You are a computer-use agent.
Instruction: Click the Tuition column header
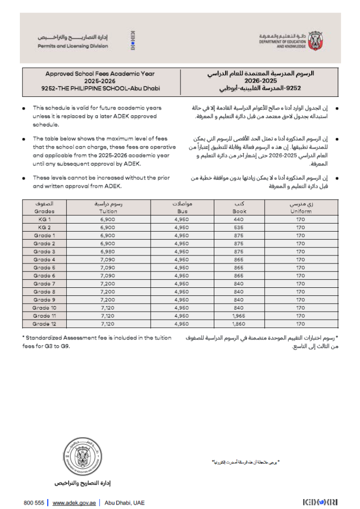click(x=108, y=211)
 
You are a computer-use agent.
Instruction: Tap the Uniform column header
click(x=300, y=211)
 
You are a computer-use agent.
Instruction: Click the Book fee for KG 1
click(x=239, y=219)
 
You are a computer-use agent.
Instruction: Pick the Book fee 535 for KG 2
click(x=239, y=227)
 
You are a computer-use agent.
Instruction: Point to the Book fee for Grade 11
click(x=239, y=316)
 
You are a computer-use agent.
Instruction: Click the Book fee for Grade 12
click(x=239, y=324)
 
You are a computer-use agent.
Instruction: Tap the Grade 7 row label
click(x=44, y=284)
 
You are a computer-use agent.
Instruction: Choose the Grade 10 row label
click(x=44, y=308)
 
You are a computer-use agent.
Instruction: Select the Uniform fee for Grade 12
click(x=300, y=324)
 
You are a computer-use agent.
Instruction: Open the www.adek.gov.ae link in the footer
click(x=74, y=503)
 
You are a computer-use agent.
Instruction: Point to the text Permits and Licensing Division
click(x=73, y=46)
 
